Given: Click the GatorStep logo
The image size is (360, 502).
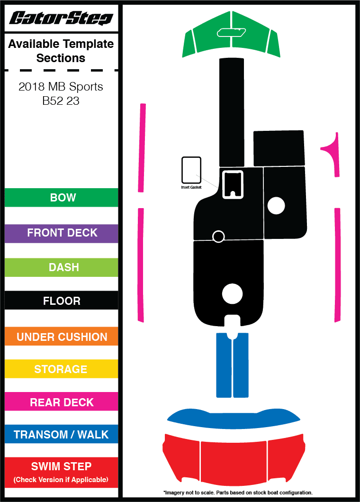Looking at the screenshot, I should point(61,18).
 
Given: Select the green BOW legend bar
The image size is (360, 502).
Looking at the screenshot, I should point(62,198).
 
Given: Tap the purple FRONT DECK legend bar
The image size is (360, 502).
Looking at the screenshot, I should point(62,233).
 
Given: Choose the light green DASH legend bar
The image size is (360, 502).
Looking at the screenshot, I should point(62,267).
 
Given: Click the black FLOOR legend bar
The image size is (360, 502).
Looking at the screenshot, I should point(62,301).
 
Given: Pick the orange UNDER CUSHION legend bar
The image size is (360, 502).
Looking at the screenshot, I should point(62,337).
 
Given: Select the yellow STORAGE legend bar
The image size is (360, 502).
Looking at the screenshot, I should point(62,369).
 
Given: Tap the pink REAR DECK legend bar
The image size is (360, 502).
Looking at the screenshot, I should point(62,402).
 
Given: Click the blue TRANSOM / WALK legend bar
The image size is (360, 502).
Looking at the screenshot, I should point(62,434).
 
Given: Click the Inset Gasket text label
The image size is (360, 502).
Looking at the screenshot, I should point(191,187).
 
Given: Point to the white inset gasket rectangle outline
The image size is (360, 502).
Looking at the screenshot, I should point(191,170).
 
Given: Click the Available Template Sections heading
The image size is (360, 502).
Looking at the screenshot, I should point(61,51).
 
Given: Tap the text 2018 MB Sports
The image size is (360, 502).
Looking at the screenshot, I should point(61,87).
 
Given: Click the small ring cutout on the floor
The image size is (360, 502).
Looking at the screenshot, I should point(218,236).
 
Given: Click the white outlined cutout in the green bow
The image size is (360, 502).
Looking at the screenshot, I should point(231,32).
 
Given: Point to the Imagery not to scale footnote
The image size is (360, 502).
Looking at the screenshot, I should point(238,493).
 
